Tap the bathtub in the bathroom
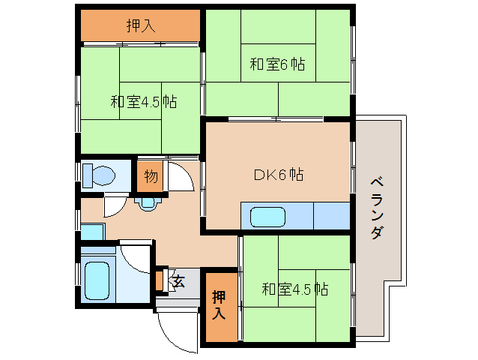click(x=97, y=279)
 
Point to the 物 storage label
click(x=151, y=177)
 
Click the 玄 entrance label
click(x=178, y=281)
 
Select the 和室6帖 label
click(x=277, y=64)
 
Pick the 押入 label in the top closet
click(x=140, y=26)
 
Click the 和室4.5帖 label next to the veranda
click(x=295, y=288)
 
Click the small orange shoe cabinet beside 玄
click(x=159, y=280)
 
